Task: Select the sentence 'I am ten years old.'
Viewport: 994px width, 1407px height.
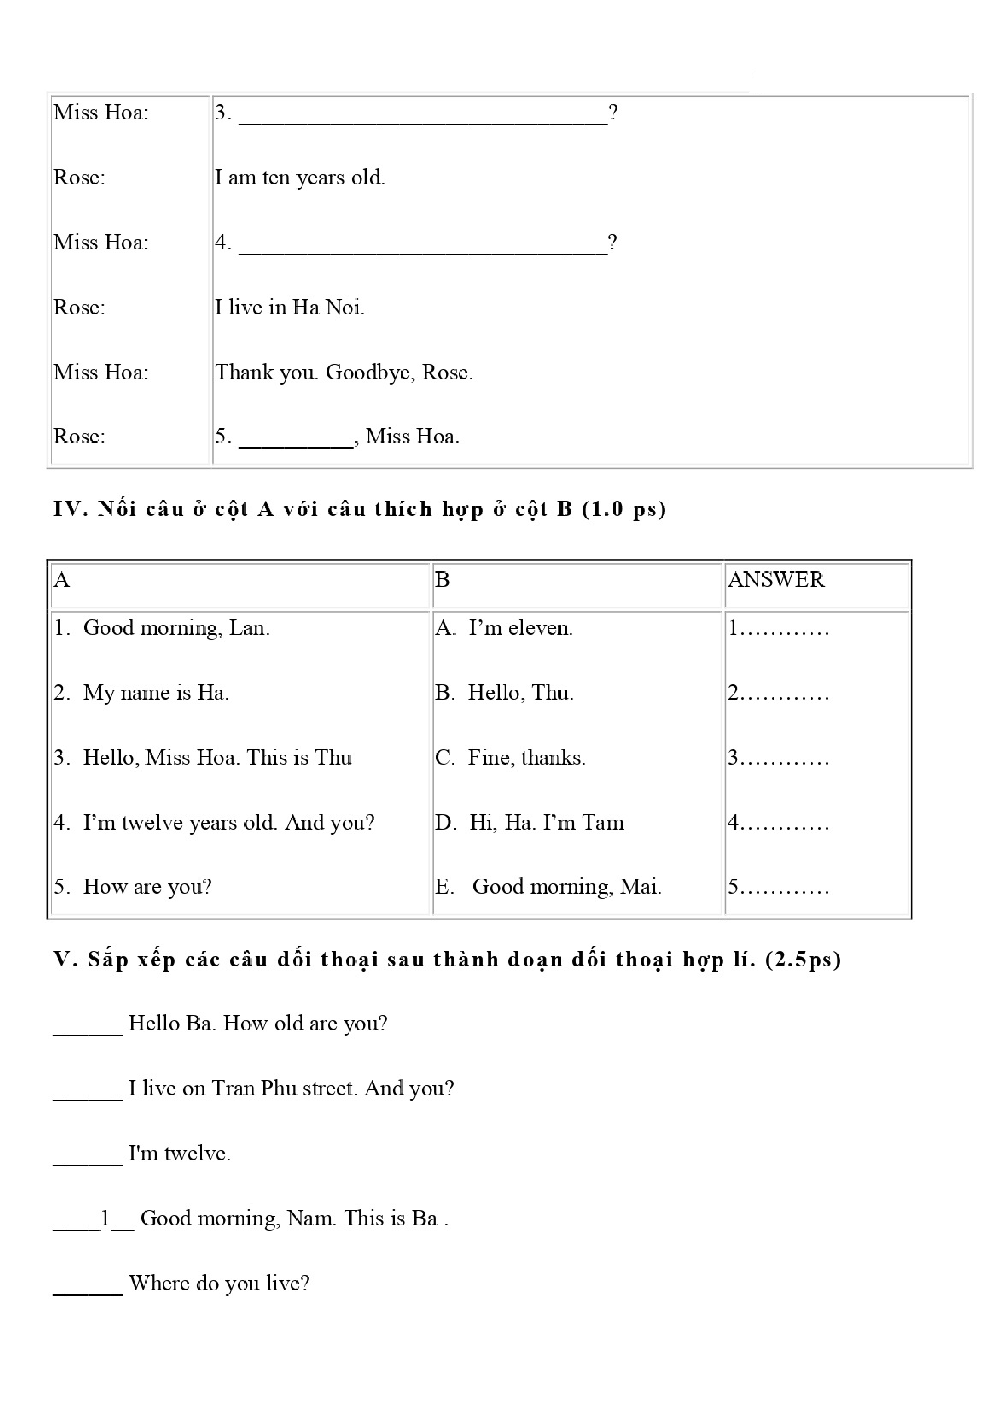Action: tap(300, 178)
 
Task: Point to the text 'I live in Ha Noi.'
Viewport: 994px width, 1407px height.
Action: tap(289, 307)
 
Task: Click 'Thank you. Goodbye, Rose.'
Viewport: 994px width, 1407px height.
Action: tap(344, 372)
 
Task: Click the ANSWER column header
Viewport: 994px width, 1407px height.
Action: tap(776, 580)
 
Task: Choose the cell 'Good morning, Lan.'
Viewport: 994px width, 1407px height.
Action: tap(176, 628)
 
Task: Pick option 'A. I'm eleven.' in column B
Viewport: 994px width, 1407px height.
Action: tap(504, 628)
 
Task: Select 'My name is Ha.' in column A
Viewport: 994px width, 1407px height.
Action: tap(155, 692)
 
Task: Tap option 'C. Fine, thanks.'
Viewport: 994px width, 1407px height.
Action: tap(510, 757)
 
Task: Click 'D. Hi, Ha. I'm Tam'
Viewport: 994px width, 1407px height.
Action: tap(529, 822)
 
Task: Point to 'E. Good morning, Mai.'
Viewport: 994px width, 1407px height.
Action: tap(548, 887)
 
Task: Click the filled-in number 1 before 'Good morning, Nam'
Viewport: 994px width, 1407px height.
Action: tap(105, 1218)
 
